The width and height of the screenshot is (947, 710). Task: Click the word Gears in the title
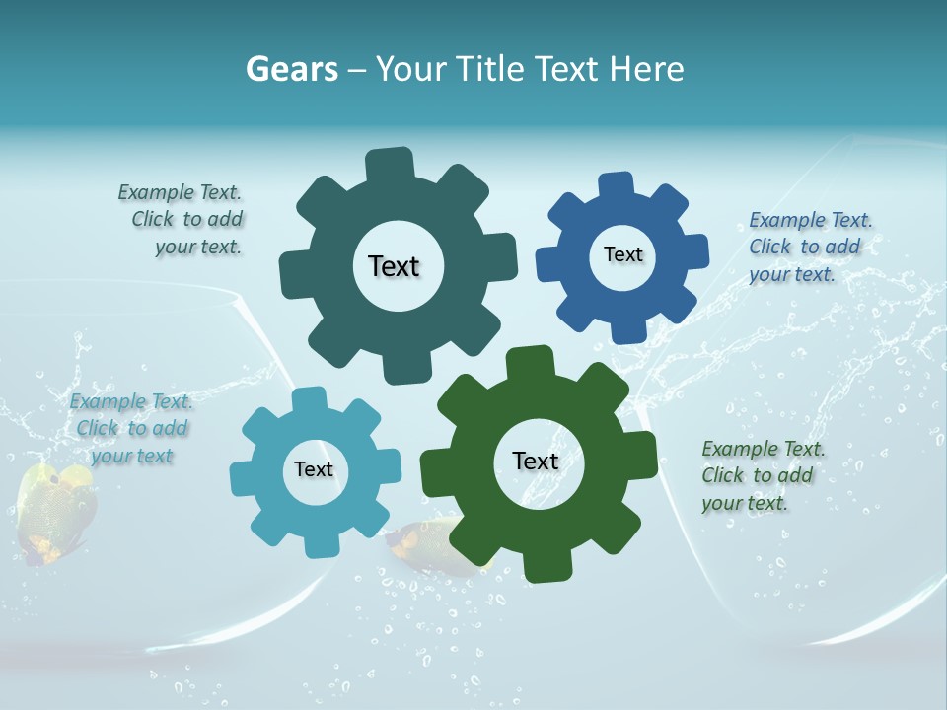tap(291, 69)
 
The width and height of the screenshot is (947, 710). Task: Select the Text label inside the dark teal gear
tap(394, 266)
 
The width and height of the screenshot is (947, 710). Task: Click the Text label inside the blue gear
tap(622, 254)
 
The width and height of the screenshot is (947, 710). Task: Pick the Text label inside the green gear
tap(536, 461)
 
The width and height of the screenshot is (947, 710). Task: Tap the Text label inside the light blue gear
tap(314, 469)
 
